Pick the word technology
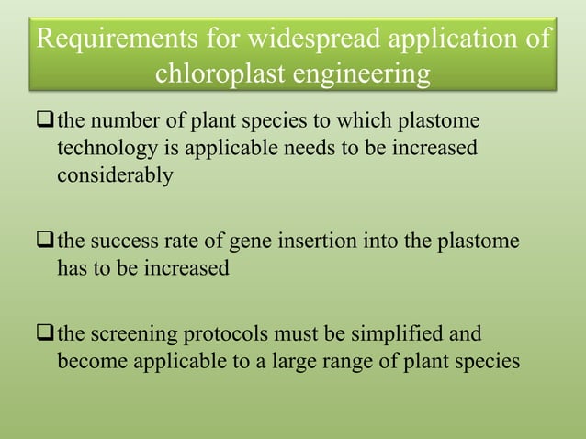[104, 149]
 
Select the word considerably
[114, 175]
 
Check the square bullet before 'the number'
[46, 123]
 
